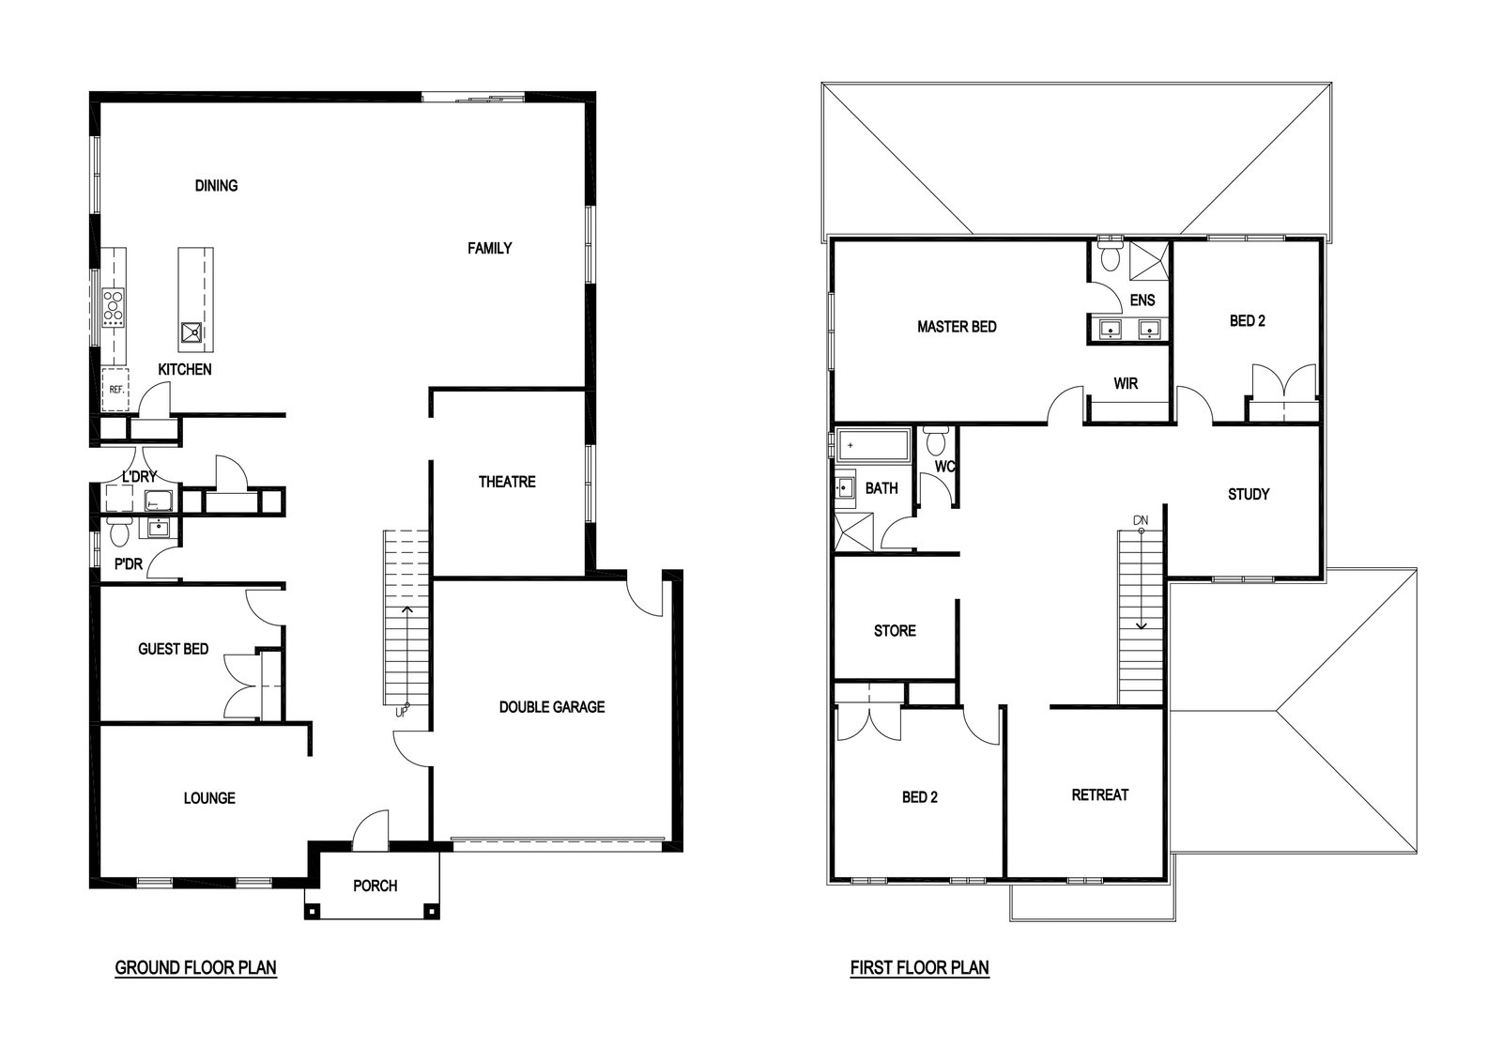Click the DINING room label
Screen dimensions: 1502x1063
coord(216,186)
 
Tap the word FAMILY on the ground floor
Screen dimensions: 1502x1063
coord(489,249)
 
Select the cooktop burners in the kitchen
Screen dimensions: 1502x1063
coord(114,308)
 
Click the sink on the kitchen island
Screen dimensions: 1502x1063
coord(192,331)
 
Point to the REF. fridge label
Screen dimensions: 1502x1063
coord(116,389)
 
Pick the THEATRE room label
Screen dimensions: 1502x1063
coord(507,483)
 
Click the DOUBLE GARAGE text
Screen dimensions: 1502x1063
coord(552,707)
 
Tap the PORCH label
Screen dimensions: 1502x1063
coord(375,886)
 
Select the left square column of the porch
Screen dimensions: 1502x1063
coord(313,912)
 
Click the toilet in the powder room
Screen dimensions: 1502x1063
coord(119,531)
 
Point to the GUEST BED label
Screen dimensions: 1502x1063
coord(173,649)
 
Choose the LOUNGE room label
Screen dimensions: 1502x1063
coord(209,798)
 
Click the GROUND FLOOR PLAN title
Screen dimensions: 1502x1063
coord(196,968)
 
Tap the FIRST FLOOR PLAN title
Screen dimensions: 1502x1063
coord(919,968)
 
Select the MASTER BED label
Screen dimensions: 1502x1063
coord(957,328)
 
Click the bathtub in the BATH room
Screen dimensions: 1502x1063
coord(873,445)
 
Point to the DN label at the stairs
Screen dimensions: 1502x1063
coord(1141,520)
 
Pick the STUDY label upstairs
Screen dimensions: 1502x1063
coord(1249,495)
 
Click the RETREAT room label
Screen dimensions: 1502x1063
coord(1099,795)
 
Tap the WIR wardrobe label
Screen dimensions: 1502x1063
coord(1126,384)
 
